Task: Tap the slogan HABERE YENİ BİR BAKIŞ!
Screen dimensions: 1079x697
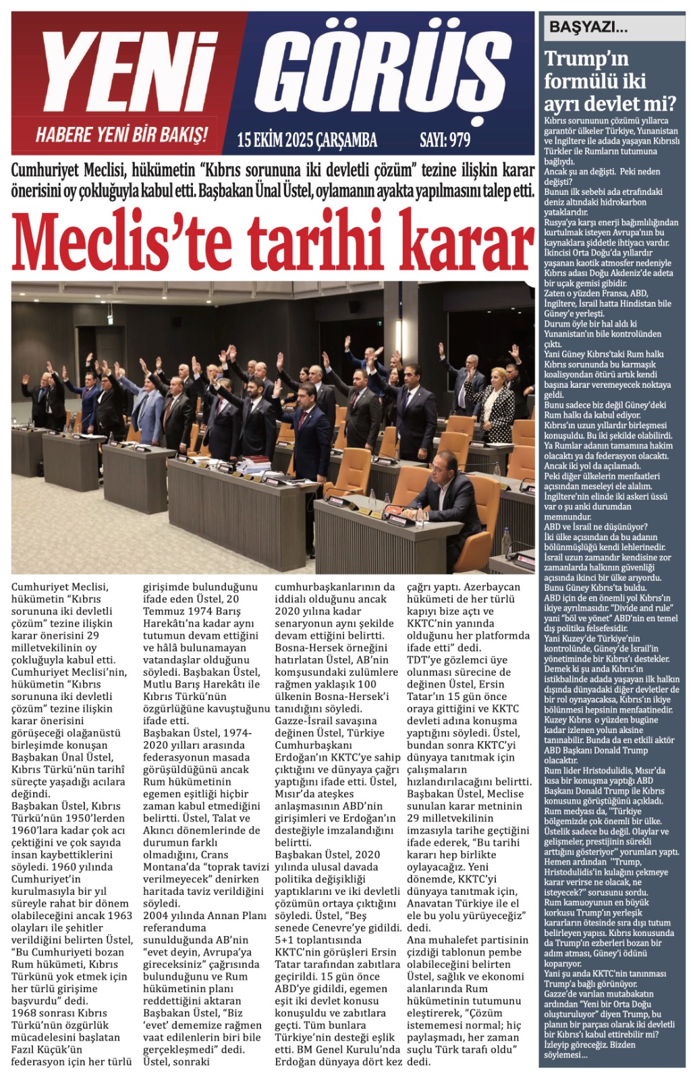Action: point(121,134)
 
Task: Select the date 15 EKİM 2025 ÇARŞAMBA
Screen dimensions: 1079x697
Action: point(307,140)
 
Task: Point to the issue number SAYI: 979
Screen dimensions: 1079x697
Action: point(445,140)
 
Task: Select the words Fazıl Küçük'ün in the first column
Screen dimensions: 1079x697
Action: point(47,1049)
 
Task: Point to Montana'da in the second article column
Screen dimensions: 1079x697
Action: point(169,867)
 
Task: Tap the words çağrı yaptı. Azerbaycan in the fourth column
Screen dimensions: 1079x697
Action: point(464,587)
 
